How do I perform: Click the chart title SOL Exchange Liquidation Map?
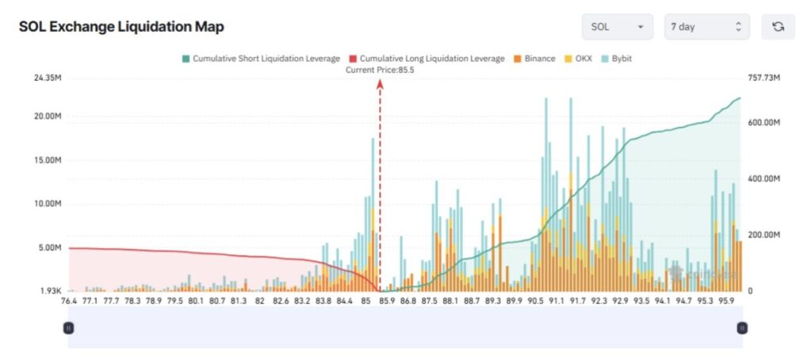tap(121, 27)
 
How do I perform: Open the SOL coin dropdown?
tap(617, 27)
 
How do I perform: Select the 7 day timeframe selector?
tap(707, 27)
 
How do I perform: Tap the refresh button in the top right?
tap(778, 27)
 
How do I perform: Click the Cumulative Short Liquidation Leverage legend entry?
tap(261, 59)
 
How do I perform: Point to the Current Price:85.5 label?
tap(381, 70)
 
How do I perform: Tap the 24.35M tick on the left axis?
tap(47, 78)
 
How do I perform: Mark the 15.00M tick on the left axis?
tap(47, 160)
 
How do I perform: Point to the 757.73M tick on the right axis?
tap(764, 78)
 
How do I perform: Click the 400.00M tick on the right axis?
tap(764, 179)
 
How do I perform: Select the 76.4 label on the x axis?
tap(68, 301)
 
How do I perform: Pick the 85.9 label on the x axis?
tap(387, 301)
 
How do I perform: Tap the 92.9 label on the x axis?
tap(620, 301)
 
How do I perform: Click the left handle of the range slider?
tap(69, 327)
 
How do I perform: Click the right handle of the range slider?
tap(742, 327)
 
